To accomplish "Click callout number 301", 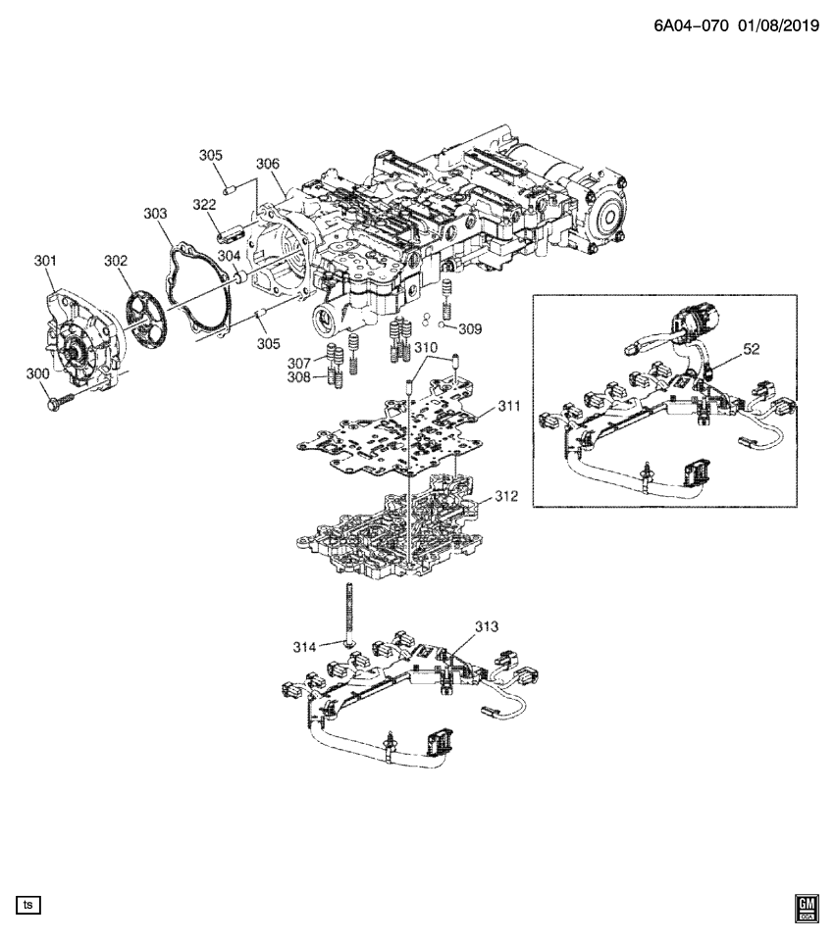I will coord(45,261).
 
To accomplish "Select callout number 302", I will coord(117,261).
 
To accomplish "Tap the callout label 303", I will coord(155,213).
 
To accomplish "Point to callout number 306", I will coord(268,164).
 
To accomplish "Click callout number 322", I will coord(204,204).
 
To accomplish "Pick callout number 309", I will coord(470,329).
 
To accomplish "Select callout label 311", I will coord(508,404).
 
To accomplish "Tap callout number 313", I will coord(487,625).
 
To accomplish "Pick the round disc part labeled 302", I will coord(144,313).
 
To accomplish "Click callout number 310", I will coord(425,347).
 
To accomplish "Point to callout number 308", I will coord(299,376).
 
